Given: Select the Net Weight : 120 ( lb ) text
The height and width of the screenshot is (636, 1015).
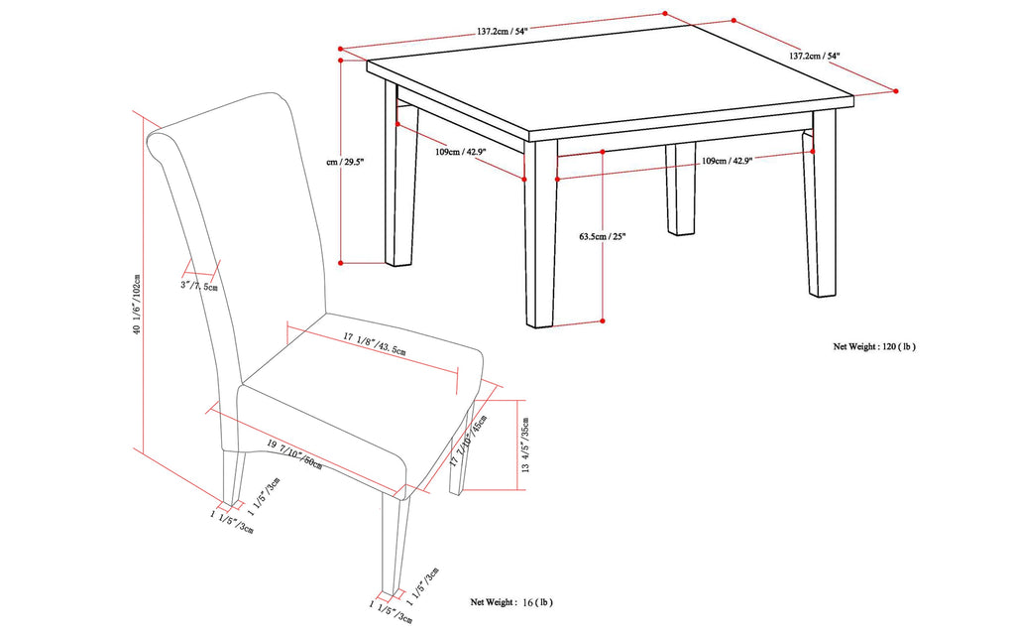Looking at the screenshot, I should tap(874, 347).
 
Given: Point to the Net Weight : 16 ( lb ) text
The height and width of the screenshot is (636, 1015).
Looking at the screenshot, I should tap(511, 602).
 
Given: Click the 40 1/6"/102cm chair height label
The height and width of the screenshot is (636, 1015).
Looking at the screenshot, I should tap(136, 291).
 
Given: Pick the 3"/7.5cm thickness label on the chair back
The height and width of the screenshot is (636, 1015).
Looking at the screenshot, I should tap(199, 286).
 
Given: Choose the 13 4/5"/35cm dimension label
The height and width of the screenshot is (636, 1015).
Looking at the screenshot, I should tap(526, 443).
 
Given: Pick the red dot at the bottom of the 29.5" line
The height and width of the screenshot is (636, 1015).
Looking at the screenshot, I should tap(340, 263).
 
